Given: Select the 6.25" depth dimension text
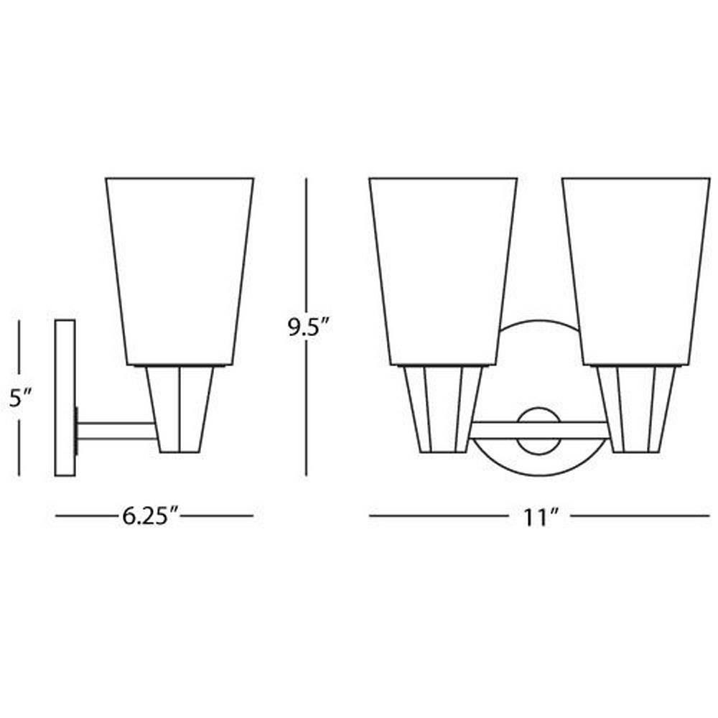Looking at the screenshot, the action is pos(150,516).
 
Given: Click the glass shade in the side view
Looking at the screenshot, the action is pos(179,271).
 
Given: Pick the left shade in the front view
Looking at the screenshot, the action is pos(443,271).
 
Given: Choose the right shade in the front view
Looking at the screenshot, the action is pos(636,271).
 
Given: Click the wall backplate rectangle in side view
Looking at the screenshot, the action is pos(65,398).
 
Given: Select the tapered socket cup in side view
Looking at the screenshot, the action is pos(179,409).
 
